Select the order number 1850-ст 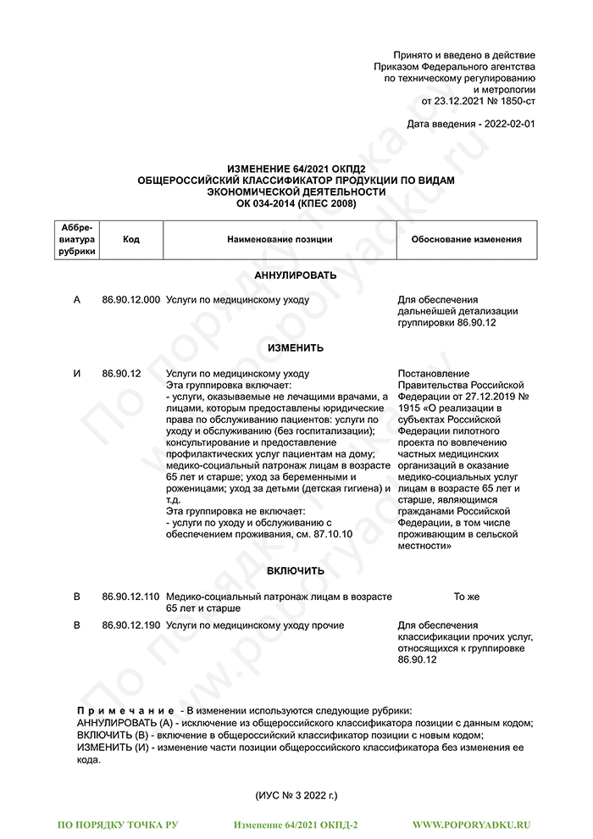[516, 100]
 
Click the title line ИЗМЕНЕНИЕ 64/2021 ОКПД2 [296, 170]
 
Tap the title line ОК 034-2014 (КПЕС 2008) [296, 203]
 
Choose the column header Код [131, 240]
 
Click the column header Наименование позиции [280, 240]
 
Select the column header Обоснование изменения [466, 240]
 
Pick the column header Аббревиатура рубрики [77, 240]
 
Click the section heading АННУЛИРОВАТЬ [296, 275]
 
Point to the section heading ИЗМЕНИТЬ [296, 348]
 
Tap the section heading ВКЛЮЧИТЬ [296, 571]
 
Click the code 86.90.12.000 [130, 300]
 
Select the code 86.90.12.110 [130, 597]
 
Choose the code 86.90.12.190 [130, 625]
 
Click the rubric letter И [77, 374]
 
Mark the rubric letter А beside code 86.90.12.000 [77, 300]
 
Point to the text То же [466, 597]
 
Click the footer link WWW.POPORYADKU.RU [471, 824]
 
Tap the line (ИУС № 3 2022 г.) [296, 795]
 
